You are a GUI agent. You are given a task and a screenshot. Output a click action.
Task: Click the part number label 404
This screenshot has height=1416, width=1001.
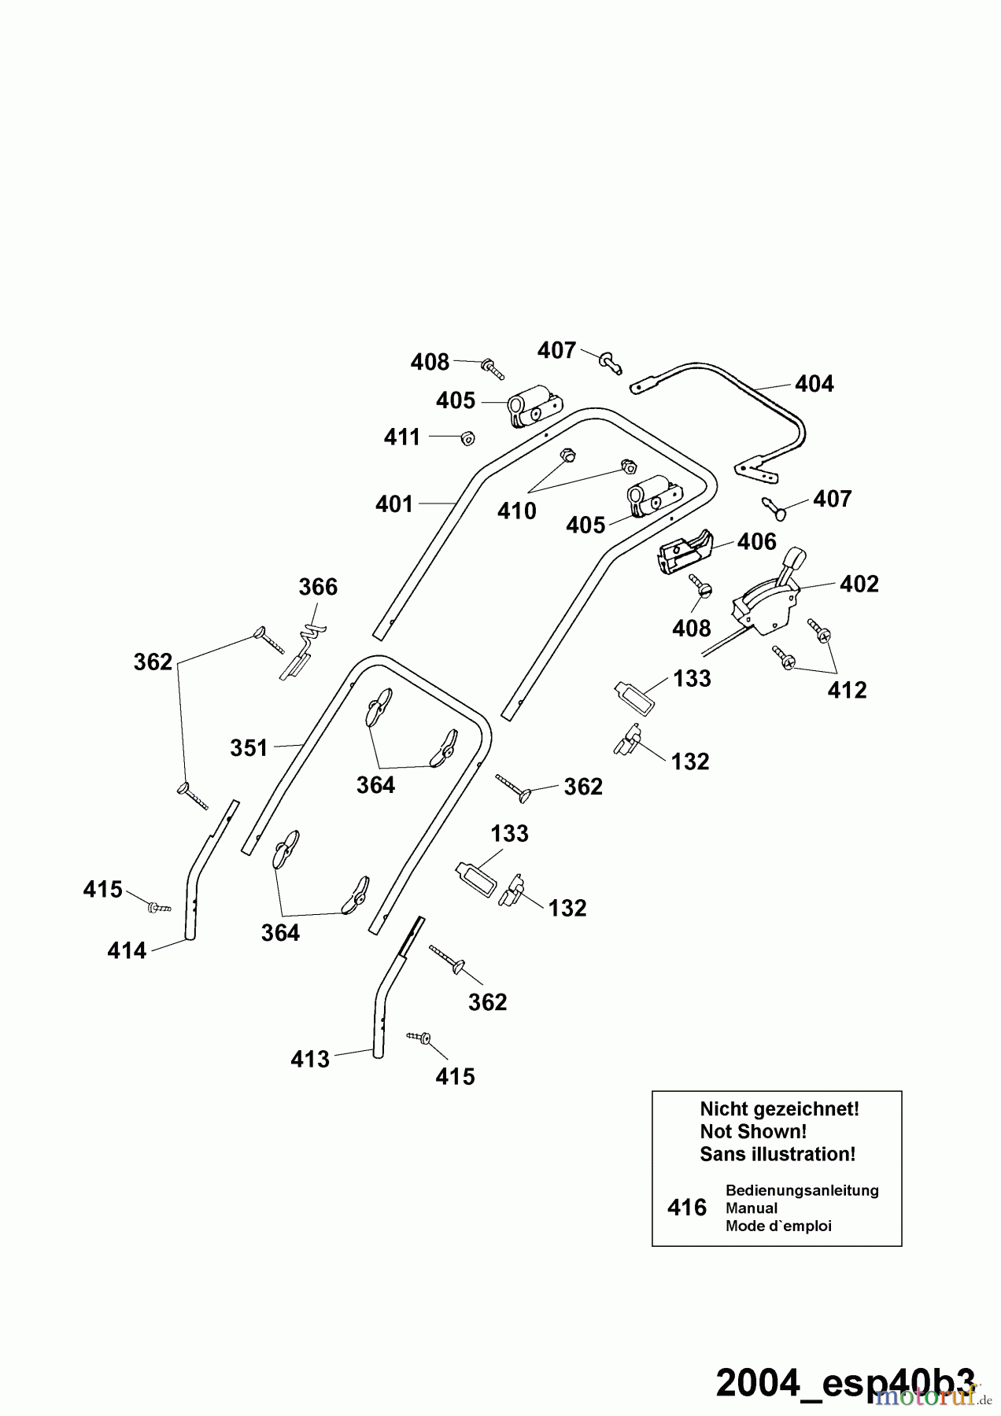[x=814, y=384]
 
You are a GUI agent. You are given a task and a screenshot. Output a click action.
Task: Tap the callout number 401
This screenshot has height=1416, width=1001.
[x=394, y=503]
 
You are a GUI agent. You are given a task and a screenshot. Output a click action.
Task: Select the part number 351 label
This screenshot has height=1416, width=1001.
[x=249, y=748]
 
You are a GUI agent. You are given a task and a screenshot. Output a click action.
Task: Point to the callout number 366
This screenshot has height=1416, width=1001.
[x=318, y=588]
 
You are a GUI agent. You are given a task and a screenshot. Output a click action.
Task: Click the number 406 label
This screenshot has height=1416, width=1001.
[x=756, y=542]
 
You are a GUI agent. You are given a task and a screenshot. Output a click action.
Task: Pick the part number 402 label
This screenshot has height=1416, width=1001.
[x=859, y=584]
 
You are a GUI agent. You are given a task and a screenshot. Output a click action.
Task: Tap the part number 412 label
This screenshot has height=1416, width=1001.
[x=847, y=690]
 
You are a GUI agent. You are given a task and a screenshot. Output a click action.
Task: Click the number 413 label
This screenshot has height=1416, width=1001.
[x=309, y=1060]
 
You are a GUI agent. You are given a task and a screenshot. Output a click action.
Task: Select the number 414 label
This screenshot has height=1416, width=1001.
[x=127, y=952]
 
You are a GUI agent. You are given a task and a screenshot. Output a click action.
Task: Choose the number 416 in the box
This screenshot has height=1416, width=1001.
[x=686, y=1208]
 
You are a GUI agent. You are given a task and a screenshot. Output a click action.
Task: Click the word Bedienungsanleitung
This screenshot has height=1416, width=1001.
[x=801, y=1190]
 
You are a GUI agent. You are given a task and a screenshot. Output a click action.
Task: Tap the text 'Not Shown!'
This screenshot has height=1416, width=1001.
[x=752, y=1132]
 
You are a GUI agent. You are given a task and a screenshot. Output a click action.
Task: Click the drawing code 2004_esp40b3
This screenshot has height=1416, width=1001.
[x=845, y=1383]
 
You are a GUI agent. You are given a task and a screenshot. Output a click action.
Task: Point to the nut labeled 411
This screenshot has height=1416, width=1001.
[x=467, y=437]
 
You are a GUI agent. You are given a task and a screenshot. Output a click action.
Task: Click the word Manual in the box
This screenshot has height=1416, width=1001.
[x=751, y=1208]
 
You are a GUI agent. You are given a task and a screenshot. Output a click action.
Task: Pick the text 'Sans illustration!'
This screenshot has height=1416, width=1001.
[x=777, y=1155]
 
